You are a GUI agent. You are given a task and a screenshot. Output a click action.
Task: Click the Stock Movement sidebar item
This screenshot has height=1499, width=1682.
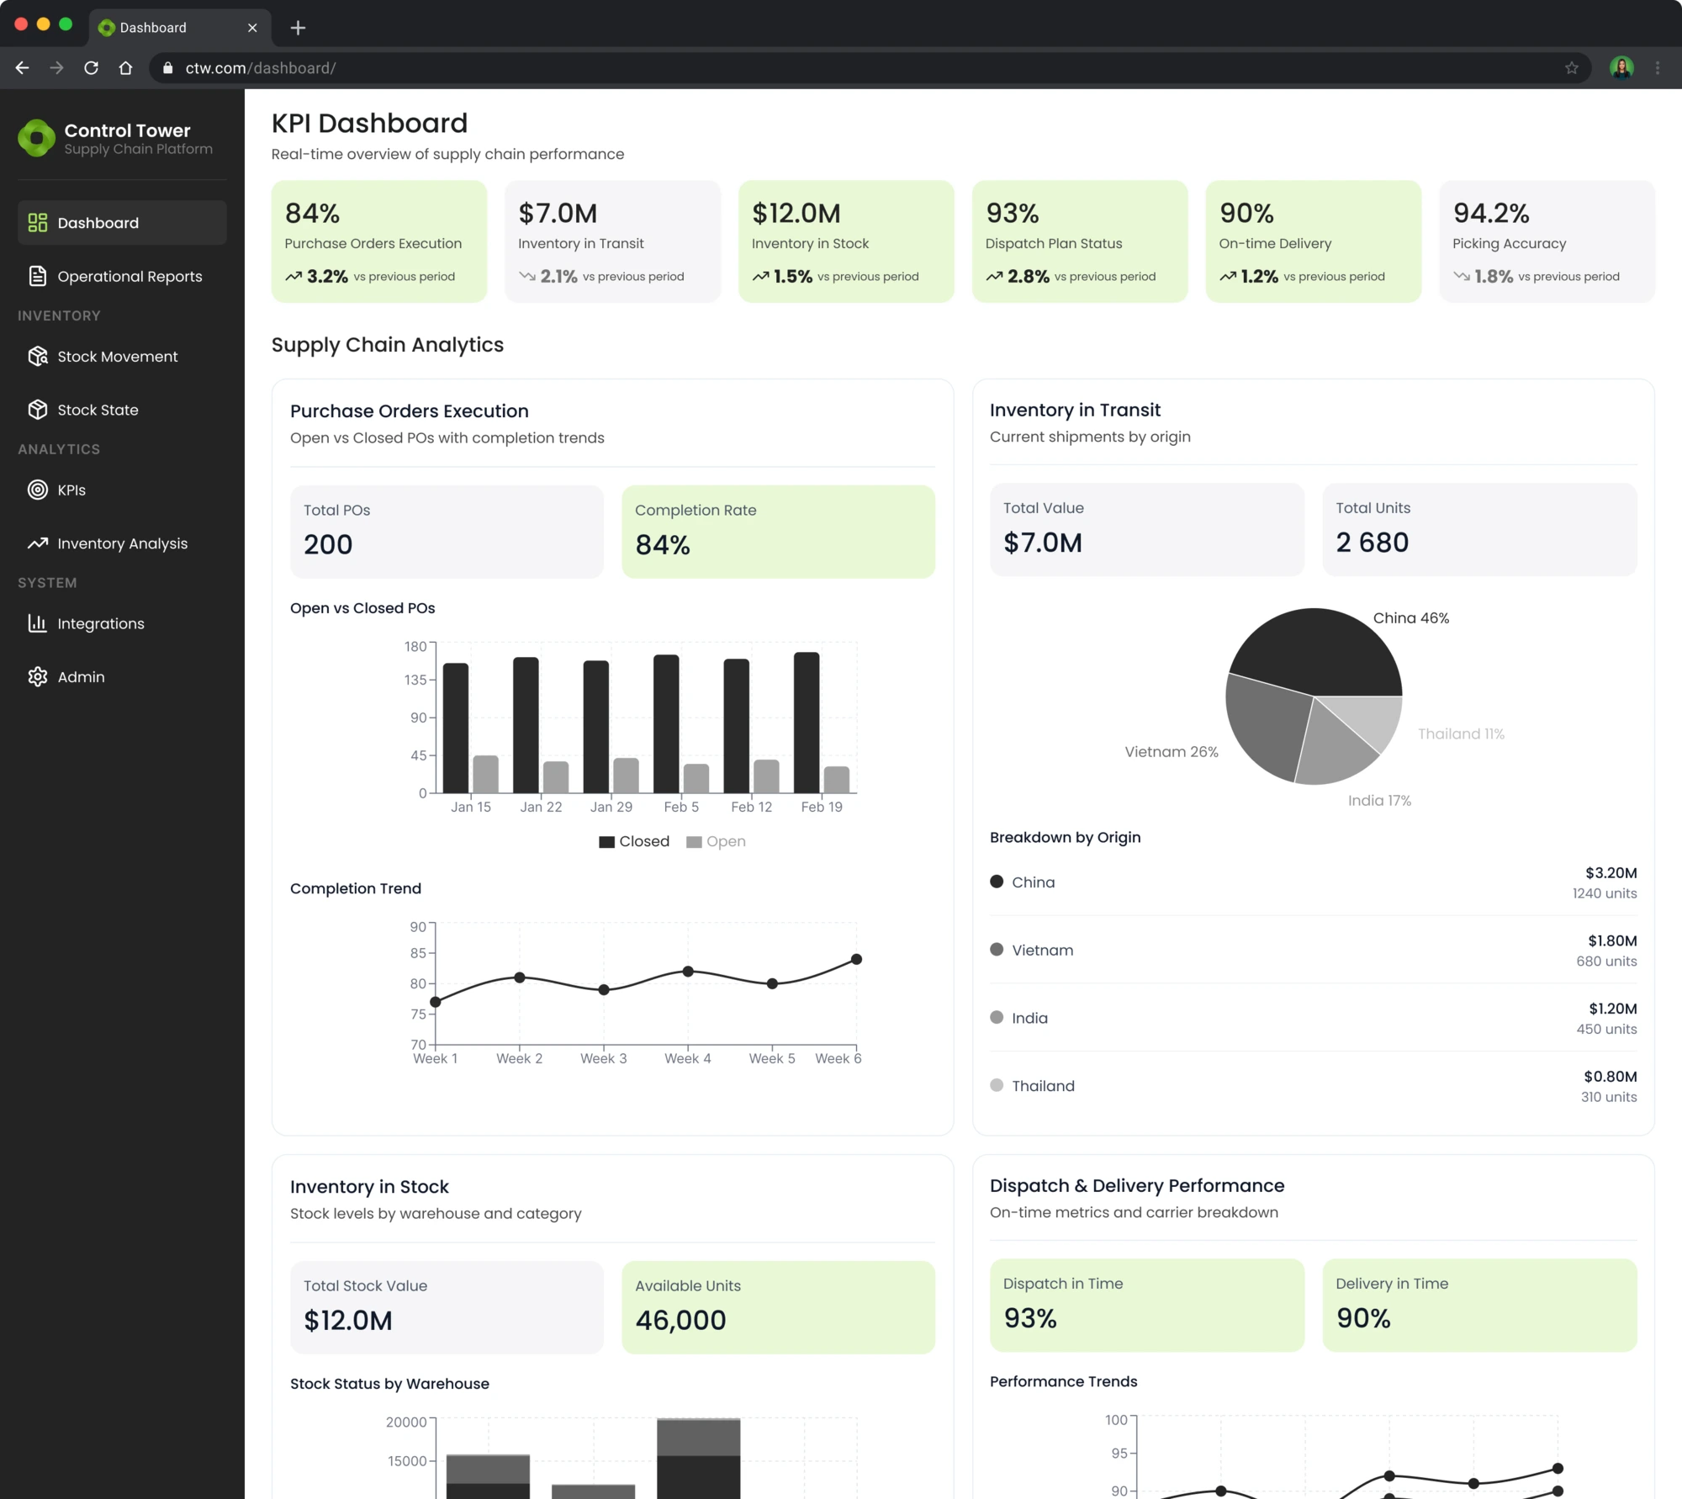click(x=117, y=357)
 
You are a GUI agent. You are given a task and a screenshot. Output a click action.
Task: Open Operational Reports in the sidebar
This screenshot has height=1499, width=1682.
click(x=129, y=277)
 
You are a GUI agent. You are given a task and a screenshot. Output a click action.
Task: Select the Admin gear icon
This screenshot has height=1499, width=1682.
click(x=38, y=677)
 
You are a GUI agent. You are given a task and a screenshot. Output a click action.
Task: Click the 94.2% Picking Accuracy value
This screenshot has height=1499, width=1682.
click(x=1491, y=214)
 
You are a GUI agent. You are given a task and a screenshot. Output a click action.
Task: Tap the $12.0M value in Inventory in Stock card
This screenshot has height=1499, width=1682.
click(x=796, y=214)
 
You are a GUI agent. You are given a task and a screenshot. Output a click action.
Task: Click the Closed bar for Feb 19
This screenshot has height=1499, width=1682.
click(x=807, y=723)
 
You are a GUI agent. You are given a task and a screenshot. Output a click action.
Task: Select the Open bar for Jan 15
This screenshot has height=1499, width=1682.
click(x=485, y=774)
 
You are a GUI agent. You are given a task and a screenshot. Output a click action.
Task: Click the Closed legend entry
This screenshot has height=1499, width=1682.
click(x=634, y=842)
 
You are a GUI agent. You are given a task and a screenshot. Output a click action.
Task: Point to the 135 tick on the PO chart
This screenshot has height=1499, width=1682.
click(x=415, y=680)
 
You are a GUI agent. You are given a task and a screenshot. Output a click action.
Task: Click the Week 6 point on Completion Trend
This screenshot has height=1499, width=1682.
click(x=856, y=959)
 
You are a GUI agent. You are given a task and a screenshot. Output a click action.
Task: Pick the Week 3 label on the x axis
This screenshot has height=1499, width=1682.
click(x=603, y=1058)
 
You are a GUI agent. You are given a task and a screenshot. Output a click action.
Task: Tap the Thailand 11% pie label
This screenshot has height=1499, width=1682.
click(x=1461, y=734)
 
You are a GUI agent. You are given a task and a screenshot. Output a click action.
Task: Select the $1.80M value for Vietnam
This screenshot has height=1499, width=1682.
click(x=1611, y=940)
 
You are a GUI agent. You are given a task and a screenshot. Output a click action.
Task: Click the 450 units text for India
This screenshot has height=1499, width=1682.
click(x=1605, y=1029)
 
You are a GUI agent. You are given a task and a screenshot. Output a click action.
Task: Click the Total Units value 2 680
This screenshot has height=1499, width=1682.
click(x=1372, y=543)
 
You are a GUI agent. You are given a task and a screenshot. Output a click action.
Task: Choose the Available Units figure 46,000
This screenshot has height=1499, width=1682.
click(x=680, y=1321)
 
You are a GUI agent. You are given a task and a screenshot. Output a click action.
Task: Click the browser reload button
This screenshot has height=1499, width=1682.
click(x=92, y=68)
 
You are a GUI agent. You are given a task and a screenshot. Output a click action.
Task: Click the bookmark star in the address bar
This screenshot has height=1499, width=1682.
click(x=1571, y=68)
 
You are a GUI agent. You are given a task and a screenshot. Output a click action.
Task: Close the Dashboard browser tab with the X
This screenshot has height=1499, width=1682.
click(x=252, y=28)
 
